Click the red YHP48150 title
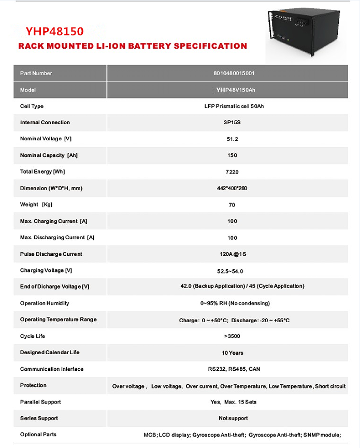point(55,31)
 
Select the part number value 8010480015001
point(234,74)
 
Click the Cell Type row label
point(32,106)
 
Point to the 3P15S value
point(233,123)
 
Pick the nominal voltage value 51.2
point(232,139)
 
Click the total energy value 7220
point(232,172)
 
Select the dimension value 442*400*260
point(233,189)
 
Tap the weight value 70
point(232,205)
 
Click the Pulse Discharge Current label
point(51,254)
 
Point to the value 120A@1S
point(232,254)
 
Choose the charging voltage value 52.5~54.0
point(232,271)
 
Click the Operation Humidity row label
point(45,304)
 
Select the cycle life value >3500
point(232,337)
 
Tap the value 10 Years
point(233,353)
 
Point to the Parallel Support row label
point(40,402)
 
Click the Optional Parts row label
point(38,435)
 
